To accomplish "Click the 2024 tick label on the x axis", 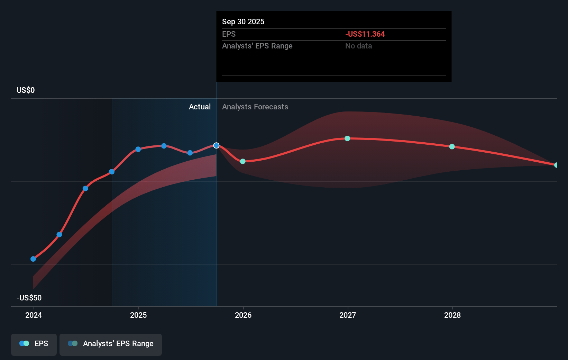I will [34, 315].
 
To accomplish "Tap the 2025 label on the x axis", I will [138, 315].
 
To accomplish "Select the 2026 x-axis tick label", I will [243, 315].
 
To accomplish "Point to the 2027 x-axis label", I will [348, 315].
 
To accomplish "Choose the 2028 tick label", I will [452, 315].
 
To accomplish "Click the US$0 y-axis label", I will [26, 90].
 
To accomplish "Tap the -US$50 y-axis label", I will [29, 298].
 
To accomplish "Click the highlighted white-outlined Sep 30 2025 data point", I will [216, 145].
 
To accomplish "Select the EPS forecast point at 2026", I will [243, 161].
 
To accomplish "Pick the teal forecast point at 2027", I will [347, 138].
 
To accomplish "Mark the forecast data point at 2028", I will [452, 147].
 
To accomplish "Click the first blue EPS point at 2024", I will [33, 259].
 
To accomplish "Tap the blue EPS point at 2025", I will [138, 149].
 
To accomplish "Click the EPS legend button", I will [34, 344].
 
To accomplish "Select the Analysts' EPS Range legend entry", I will [111, 344].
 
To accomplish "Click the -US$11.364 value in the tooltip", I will [365, 34].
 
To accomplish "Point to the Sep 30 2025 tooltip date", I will [243, 21].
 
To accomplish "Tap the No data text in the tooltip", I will [358, 46].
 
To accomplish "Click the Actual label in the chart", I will [200, 107].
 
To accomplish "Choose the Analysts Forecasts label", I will [255, 107].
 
